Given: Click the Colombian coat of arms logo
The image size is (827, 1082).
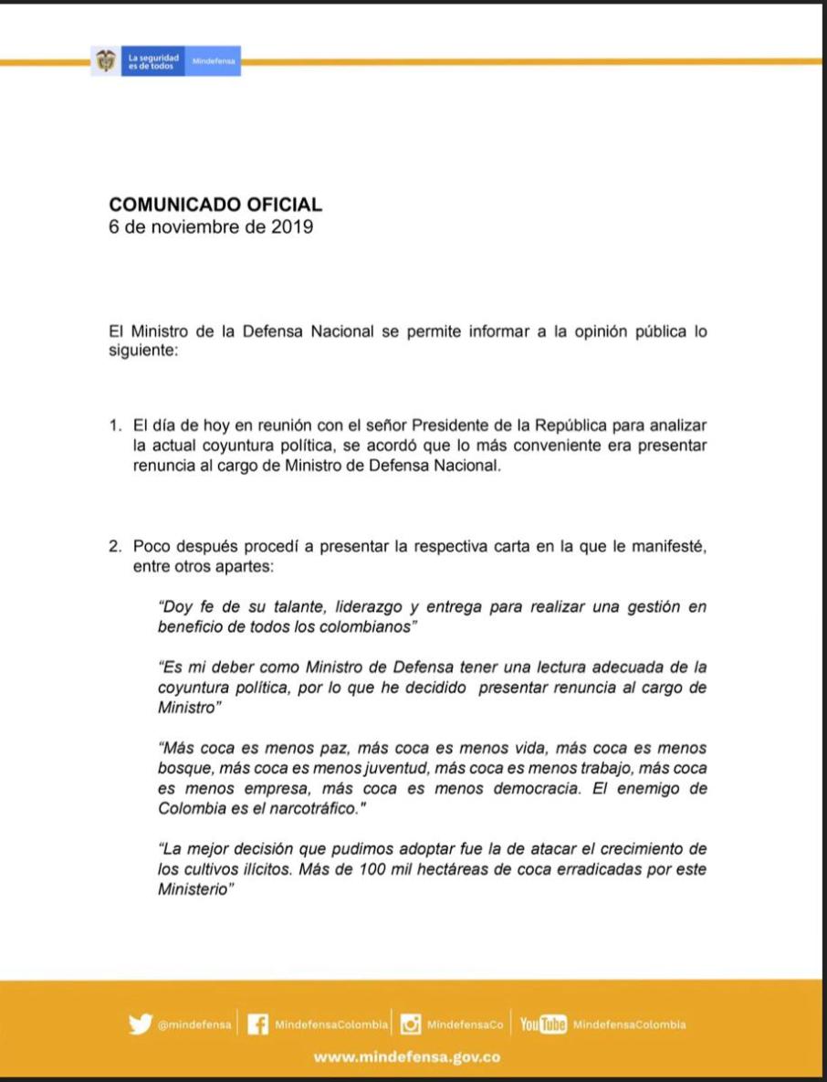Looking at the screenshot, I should point(106,61).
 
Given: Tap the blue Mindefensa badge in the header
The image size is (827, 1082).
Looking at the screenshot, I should point(214,61).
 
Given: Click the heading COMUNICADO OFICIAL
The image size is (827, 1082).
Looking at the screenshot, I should point(215,205).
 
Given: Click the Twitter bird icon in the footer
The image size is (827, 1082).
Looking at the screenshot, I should point(140,1024).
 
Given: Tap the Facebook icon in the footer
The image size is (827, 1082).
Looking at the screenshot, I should point(258,1024).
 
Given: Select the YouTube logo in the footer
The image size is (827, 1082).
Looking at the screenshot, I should point(543,1024).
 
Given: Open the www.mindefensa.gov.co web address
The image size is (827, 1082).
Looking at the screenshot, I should point(407,1056).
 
